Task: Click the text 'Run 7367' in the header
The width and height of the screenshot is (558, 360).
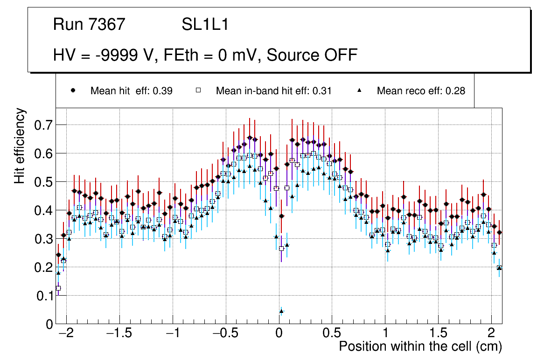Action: click(x=89, y=25)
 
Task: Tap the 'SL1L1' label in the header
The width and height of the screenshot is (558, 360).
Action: click(x=205, y=25)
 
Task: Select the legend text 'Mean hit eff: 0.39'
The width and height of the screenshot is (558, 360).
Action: click(x=131, y=91)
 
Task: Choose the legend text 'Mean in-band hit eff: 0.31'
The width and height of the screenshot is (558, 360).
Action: click(x=273, y=91)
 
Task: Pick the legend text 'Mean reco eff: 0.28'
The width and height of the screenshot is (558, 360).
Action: click(x=421, y=91)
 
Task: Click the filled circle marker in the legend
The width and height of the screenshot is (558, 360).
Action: click(x=73, y=90)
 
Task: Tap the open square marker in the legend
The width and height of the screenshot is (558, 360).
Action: click(x=198, y=90)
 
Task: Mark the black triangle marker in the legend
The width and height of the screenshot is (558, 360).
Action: click(x=359, y=90)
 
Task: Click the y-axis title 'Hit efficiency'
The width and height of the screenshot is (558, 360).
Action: click(x=20, y=145)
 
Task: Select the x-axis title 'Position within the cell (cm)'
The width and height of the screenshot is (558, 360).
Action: click(x=420, y=346)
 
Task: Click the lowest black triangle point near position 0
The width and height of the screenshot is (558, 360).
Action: click(x=281, y=311)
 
